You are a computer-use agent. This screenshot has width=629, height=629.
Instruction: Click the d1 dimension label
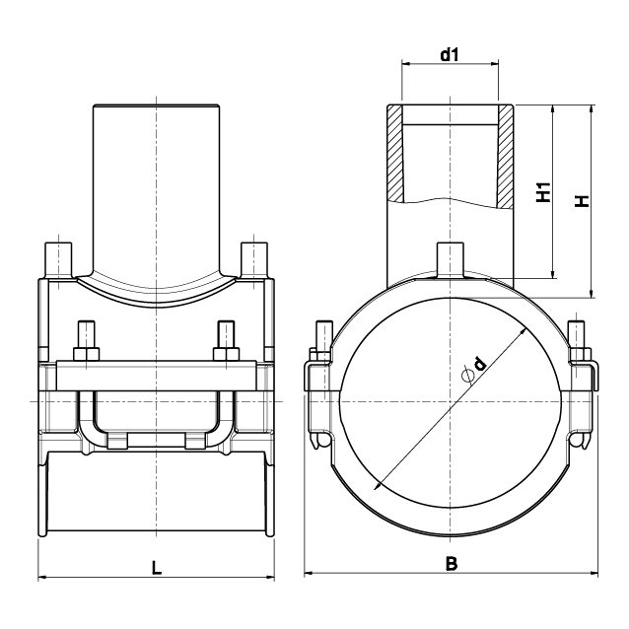[x=450, y=54]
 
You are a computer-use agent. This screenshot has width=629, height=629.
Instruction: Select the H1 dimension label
[x=544, y=192]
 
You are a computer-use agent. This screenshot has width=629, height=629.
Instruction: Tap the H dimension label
[x=582, y=200]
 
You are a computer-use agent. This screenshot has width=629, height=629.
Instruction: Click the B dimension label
[x=452, y=564]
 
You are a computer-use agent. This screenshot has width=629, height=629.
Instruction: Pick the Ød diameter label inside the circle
[x=474, y=370]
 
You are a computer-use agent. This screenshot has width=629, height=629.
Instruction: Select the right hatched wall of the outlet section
[x=506, y=157]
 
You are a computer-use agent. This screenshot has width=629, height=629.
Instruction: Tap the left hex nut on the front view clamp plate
[x=86, y=354]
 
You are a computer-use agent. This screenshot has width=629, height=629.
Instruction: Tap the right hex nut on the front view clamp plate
[x=226, y=354]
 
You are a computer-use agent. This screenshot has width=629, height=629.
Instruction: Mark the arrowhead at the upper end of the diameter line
[x=524, y=331]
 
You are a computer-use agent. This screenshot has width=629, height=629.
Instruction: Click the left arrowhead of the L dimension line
[x=42, y=578]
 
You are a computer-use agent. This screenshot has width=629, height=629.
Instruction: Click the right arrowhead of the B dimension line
[x=594, y=574]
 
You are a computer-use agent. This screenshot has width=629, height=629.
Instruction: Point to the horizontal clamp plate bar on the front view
[x=157, y=376]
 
